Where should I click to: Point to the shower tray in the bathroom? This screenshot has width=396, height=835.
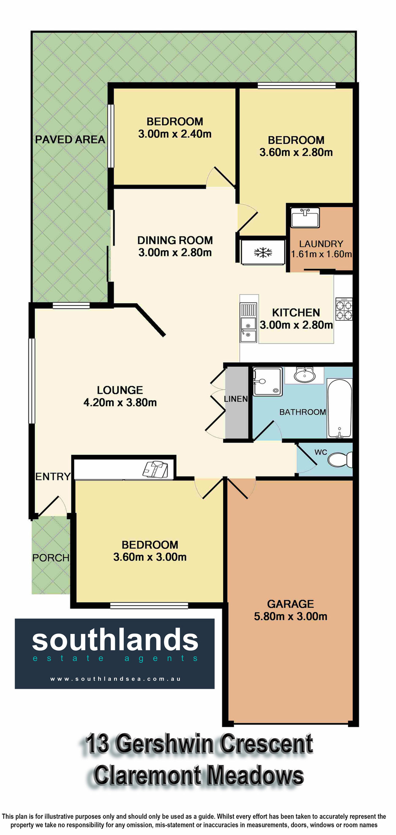click(267, 382)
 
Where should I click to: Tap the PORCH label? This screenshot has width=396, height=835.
click(51, 558)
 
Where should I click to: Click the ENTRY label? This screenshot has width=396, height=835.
click(53, 477)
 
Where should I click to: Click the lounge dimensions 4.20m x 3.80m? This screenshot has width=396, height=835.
click(120, 402)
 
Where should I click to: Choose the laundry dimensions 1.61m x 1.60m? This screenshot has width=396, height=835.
click(321, 254)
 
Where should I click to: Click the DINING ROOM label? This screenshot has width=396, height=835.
click(175, 240)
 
